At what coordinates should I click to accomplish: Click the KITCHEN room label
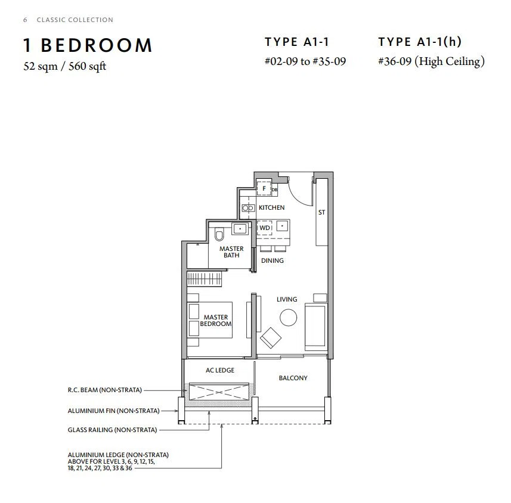point(271,207)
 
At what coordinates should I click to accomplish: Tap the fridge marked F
point(264,188)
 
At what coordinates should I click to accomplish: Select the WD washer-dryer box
point(265,228)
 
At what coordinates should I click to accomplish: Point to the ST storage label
point(321,212)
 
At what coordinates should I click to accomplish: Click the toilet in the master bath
point(219,234)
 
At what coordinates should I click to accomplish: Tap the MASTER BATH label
point(231,252)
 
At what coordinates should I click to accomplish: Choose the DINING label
point(272,260)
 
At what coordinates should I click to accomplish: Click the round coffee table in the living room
point(289,318)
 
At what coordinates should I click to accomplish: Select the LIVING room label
point(287,299)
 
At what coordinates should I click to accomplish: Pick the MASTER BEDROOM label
point(216,321)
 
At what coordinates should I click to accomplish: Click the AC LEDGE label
point(220,371)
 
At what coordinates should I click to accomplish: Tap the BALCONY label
point(293,378)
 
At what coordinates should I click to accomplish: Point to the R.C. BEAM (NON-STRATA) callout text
point(104,390)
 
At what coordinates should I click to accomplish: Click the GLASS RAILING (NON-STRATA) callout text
point(113,430)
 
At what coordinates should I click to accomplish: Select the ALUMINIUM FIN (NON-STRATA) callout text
point(114,411)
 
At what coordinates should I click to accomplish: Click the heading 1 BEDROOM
point(88,45)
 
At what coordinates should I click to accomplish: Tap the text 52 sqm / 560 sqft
point(65,66)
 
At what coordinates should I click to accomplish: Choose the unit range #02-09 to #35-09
point(305,61)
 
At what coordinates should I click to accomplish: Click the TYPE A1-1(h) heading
point(420,42)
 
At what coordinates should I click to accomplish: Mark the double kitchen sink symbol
point(248,208)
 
